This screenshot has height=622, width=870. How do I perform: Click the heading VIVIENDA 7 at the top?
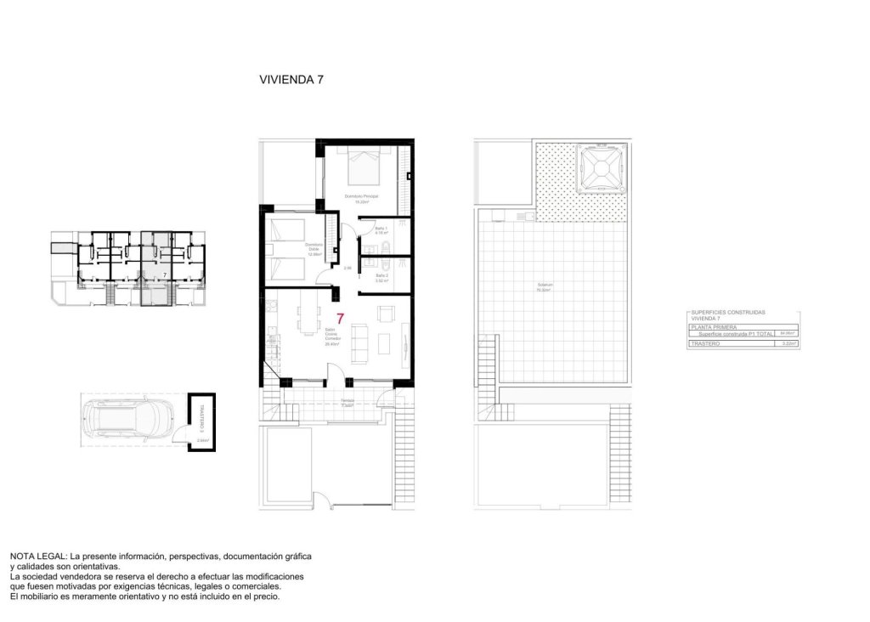pos(291,80)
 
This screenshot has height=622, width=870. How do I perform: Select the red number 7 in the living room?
pos(341,319)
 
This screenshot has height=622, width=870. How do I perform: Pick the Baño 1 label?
pos(381,229)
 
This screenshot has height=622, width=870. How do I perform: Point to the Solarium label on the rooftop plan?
pos(543,286)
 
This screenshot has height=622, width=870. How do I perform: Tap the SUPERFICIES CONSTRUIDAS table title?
pos(729,312)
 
